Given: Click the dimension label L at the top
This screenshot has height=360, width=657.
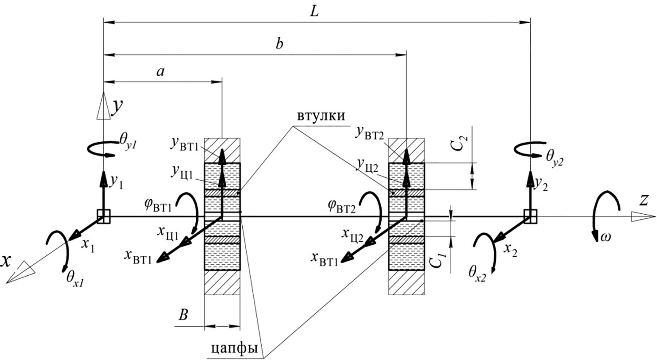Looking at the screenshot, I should [x=314, y=12].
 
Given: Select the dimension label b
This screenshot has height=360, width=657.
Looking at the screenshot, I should [x=280, y=43].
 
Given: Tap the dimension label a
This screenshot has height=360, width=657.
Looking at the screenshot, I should [x=160, y=72].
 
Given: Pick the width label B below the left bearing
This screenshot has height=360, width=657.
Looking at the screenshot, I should [x=183, y=315].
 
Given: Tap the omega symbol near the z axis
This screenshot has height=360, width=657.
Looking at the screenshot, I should [x=605, y=237].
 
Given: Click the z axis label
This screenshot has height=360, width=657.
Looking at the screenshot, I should [x=643, y=201].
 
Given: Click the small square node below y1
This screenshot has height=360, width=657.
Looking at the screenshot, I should [x=104, y=217].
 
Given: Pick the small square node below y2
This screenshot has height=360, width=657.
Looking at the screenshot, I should [x=530, y=217].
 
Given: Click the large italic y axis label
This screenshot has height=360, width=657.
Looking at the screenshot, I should [x=117, y=106].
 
